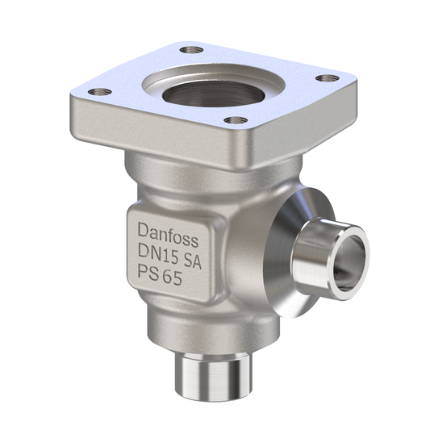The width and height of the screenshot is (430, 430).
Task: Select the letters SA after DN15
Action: coord(188,259)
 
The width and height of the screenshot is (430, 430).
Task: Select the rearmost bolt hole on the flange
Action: coord(190,49)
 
